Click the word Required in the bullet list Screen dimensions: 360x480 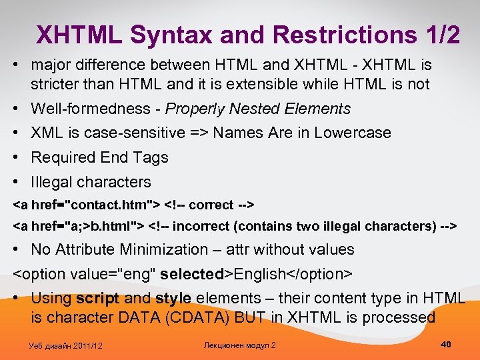(63, 157)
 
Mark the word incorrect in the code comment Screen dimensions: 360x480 (200, 226)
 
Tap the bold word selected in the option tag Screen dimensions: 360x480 (192, 274)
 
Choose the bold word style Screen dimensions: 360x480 (174, 298)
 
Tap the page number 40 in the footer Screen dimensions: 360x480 (446, 344)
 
